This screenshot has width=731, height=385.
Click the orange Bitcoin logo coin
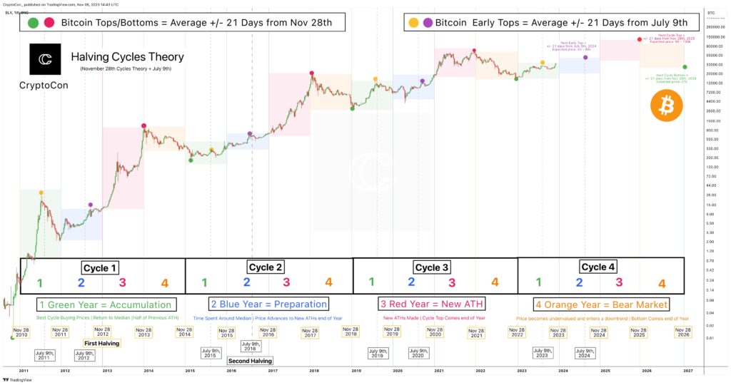666,107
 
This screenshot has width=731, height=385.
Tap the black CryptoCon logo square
45,59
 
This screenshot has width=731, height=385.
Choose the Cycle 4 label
598,267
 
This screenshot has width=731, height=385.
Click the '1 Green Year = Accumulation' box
105,304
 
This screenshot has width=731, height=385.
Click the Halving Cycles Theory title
127,56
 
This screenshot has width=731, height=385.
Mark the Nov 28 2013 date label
144,333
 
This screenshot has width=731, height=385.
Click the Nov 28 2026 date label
683,333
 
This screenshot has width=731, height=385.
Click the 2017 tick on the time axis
272,371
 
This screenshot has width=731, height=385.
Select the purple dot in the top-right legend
428,23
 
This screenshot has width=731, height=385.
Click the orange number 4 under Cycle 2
328,283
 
